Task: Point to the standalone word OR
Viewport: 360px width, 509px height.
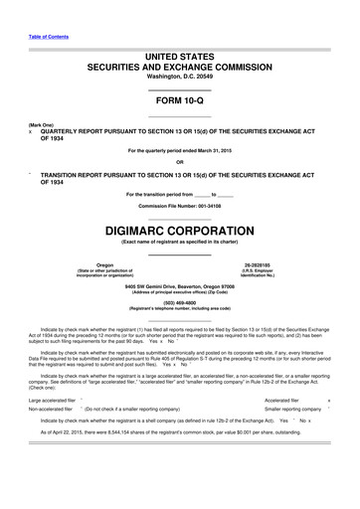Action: (180, 162)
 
